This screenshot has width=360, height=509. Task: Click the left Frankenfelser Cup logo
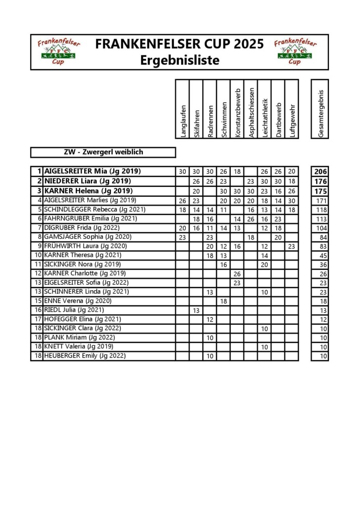tap(54, 52)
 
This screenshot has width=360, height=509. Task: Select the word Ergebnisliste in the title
tap(180, 60)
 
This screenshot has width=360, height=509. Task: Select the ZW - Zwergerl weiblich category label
tap(103, 152)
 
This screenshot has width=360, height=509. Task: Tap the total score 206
tap(321, 171)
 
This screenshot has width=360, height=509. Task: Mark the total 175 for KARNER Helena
tap(321, 191)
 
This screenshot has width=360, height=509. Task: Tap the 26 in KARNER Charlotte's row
tap(237, 273)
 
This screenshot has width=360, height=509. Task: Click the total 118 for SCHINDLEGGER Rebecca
tap(322, 209)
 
